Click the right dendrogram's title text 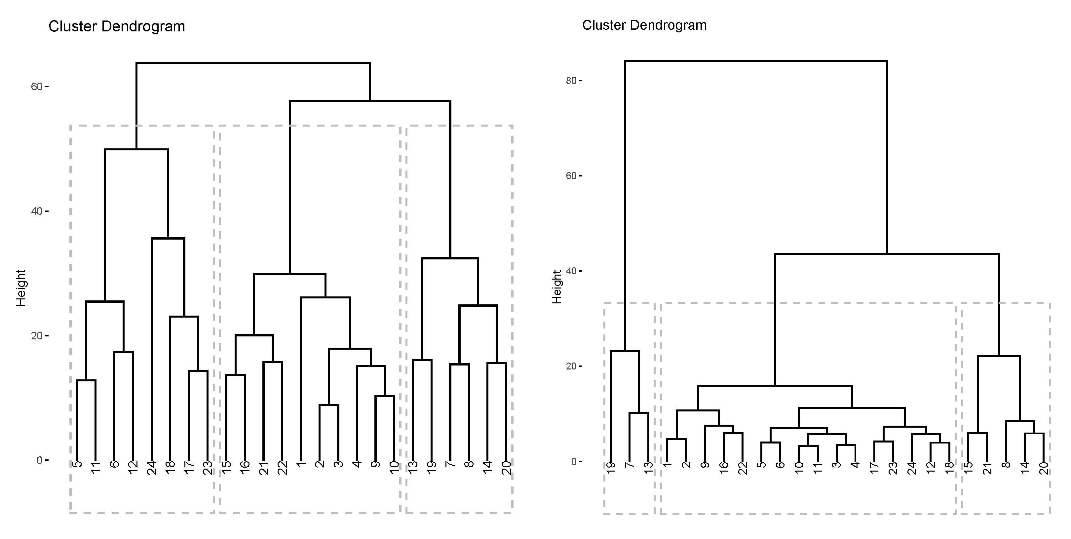tap(644, 25)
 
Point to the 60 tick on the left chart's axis tap(37, 87)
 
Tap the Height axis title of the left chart tap(21, 288)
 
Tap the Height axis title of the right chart tap(557, 287)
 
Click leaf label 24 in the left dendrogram tap(152, 468)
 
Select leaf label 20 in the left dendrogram tap(506, 468)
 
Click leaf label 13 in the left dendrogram tap(413, 468)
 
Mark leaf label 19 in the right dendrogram tap(611, 468)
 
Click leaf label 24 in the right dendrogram tap(912, 468)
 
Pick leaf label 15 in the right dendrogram tap(968, 468)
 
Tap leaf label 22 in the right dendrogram tap(743, 468)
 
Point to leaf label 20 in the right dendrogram tap(1044, 468)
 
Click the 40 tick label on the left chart tap(37, 211)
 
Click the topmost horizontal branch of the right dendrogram tap(755, 61)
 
